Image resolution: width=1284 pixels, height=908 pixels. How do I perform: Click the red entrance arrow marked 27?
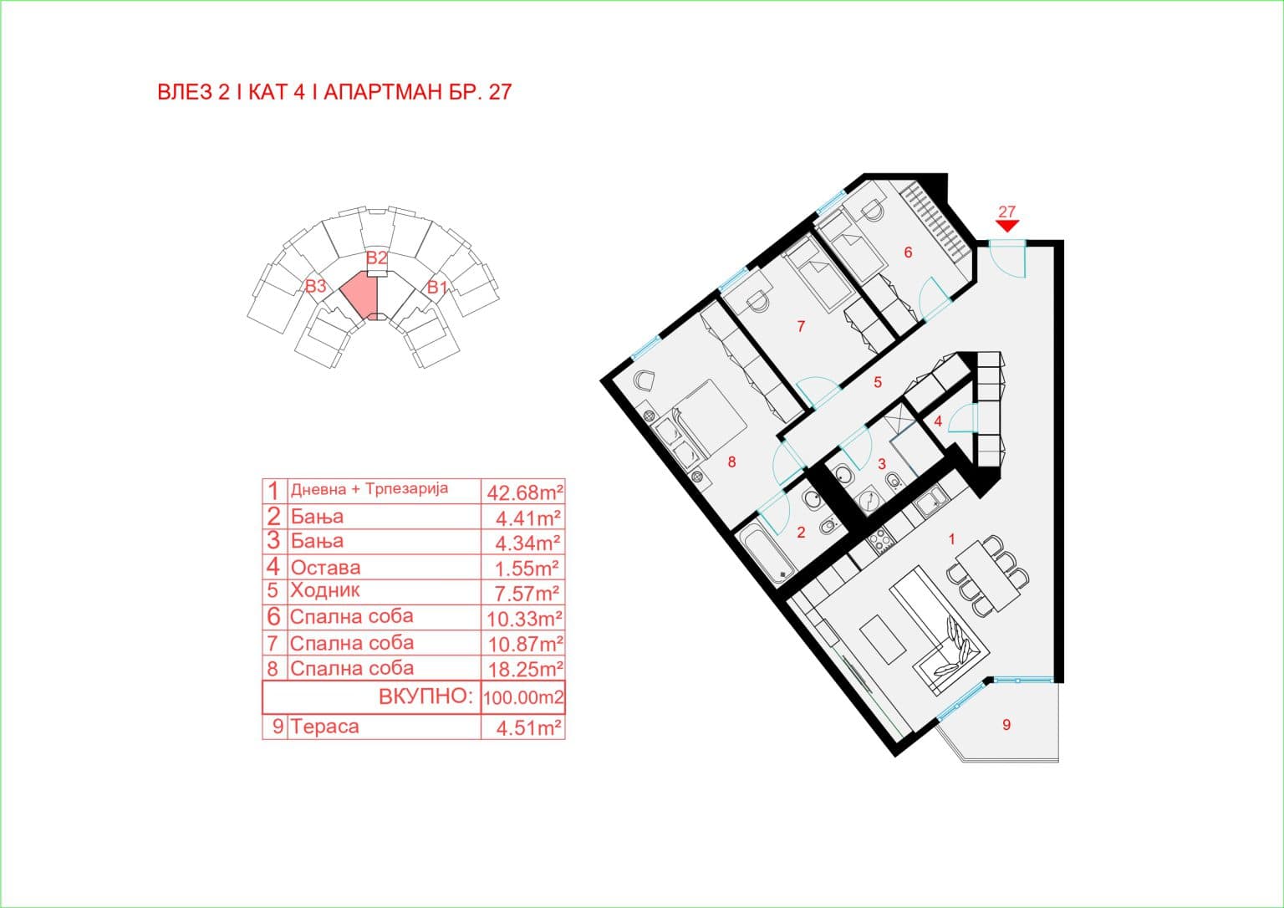[x=1007, y=225]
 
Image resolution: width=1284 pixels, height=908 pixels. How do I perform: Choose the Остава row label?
[x=325, y=568]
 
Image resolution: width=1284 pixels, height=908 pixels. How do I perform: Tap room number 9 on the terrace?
[x=1006, y=725]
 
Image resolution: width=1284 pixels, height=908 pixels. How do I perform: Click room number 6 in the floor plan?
[x=908, y=253]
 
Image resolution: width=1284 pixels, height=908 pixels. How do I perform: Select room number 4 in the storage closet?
[x=938, y=421]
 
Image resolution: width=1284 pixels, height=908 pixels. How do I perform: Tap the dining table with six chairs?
[x=986, y=576]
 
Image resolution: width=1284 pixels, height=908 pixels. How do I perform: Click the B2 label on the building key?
[x=376, y=258]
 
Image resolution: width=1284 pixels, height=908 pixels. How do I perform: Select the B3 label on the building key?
[x=314, y=286]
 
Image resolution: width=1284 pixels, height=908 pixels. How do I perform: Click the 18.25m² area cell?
[x=524, y=669]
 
